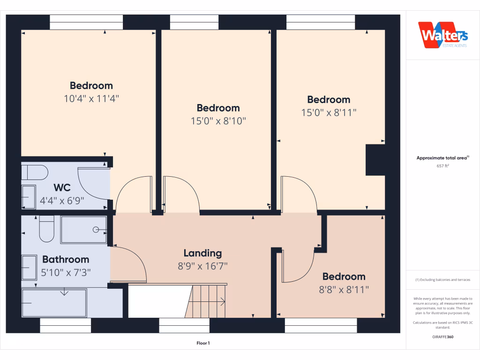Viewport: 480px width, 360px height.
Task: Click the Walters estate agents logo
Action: (x=442, y=35)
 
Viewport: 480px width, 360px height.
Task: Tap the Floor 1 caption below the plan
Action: (x=203, y=343)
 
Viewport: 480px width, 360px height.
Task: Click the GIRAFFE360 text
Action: (x=442, y=337)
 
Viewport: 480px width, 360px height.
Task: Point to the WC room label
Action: (x=62, y=187)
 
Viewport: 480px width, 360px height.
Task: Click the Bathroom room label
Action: (x=66, y=259)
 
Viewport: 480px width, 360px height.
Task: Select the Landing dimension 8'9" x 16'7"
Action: (x=202, y=266)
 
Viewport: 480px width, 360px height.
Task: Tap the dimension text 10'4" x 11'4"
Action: (x=91, y=98)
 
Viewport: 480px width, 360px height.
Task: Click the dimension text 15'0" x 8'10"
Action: (x=218, y=121)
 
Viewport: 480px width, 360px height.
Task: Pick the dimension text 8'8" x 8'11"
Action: (x=344, y=290)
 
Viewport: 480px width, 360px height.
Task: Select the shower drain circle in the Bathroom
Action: (x=96, y=229)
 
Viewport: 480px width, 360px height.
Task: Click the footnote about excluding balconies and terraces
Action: (x=442, y=280)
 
